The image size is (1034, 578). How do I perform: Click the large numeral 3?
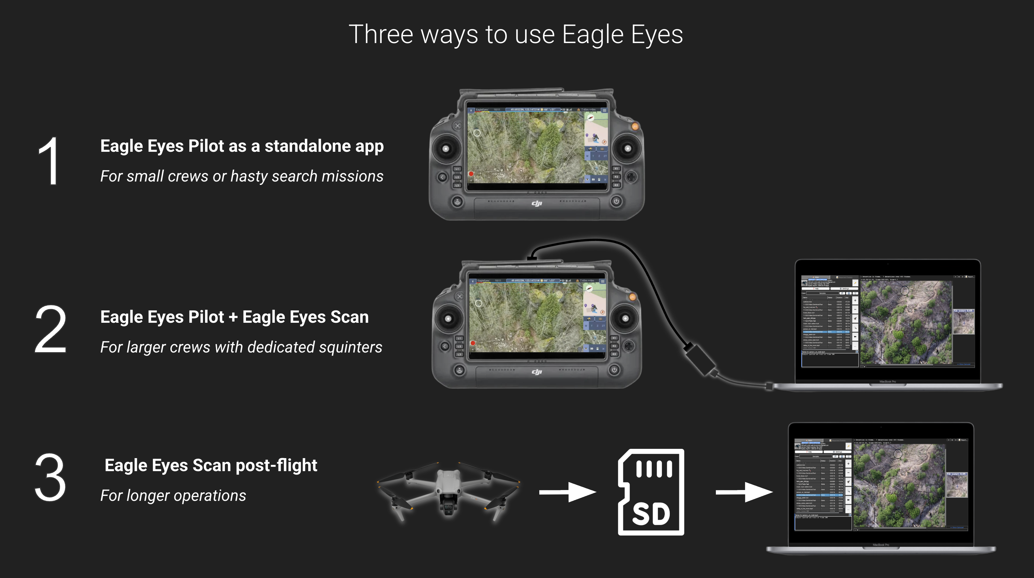(50, 478)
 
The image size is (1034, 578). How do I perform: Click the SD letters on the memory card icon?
(651, 514)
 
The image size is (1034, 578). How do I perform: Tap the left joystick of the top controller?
(445, 148)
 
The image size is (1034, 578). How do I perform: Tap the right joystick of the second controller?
(625, 319)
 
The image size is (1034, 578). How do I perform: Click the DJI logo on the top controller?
(537, 204)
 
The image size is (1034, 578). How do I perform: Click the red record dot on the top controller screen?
(471, 174)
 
